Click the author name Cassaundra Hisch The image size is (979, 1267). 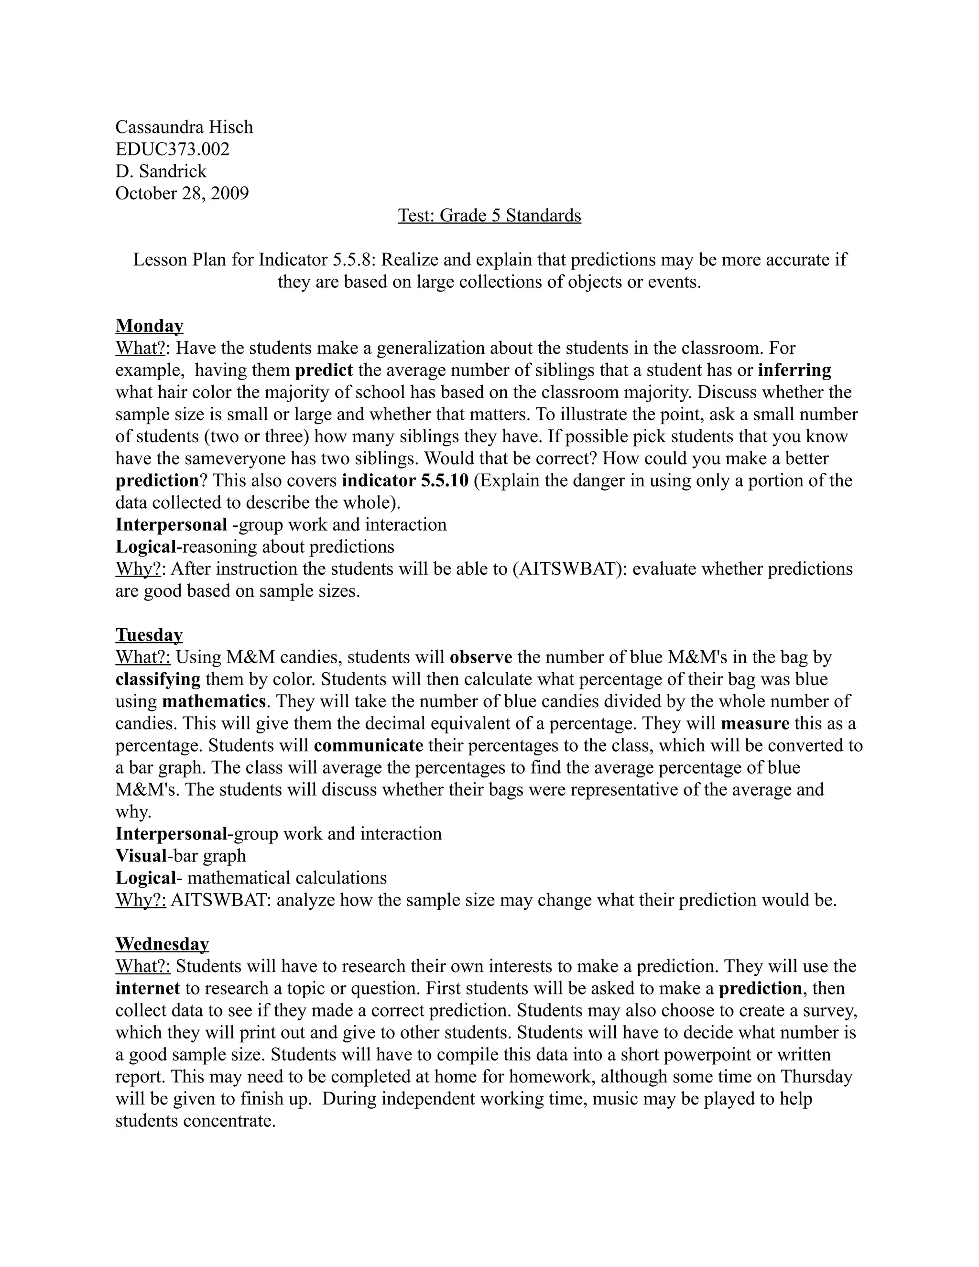pyautogui.click(x=184, y=127)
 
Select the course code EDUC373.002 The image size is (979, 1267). pyautogui.click(x=172, y=149)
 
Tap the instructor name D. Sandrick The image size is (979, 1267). pyautogui.click(x=161, y=171)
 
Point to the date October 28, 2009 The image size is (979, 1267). pyautogui.click(x=182, y=193)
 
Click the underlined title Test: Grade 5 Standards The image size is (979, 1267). pyautogui.click(x=489, y=215)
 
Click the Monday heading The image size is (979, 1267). pyautogui.click(x=149, y=326)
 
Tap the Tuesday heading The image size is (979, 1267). pyautogui.click(x=149, y=635)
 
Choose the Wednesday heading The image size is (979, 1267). pyautogui.click(x=162, y=944)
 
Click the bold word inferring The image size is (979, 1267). pyautogui.click(x=794, y=370)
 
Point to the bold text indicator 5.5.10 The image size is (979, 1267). pyautogui.click(x=405, y=481)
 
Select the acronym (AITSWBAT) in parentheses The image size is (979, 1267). pyautogui.click(x=567, y=568)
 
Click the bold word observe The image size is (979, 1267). pyautogui.click(x=481, y=657)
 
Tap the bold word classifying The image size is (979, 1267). pyautogui.click(x=158, y=679)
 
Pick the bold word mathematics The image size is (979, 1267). pyautogui.click(x=213, y=701)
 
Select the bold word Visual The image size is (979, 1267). pyautogui.click(x=141, y=856)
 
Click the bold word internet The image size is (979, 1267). pyautogui.click(x=147, y=989)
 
